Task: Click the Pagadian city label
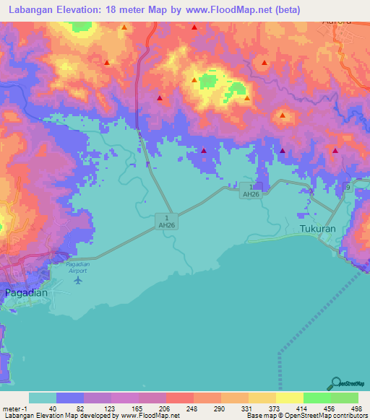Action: point(27,293)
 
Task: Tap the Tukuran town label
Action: point(318,229)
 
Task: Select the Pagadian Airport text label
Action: point(76,268)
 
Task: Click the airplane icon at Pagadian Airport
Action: point(77,279)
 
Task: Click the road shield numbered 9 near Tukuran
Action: point(346,188)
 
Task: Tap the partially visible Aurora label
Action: point(337,22)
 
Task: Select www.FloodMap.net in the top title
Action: point(231,9)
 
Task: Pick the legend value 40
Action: point(52,408)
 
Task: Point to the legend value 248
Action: point(190,408)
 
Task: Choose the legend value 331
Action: point(245,408)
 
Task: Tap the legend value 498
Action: point(355,408)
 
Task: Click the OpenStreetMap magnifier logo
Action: point(335,384)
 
